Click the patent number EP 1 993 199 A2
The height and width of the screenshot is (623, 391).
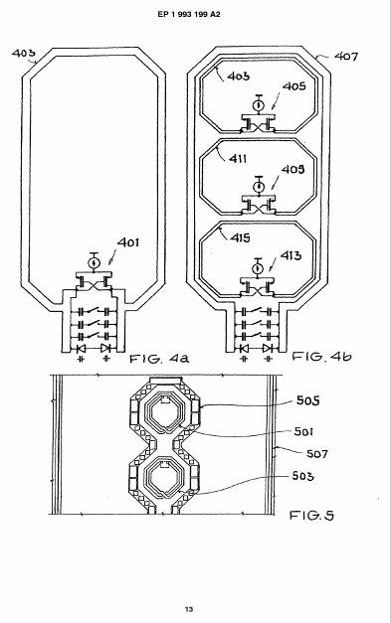[x=189, y=14]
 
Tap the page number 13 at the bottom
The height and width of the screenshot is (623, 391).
[x=189, y=609]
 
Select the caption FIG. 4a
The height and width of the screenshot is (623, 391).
[x=159, y=359]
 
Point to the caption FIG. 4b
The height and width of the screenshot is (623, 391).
[x=322, y=356]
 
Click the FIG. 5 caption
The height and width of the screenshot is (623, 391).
[x=311, y=516]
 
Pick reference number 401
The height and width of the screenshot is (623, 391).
[x=128, y=242]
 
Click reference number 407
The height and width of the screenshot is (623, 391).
[x=346, y=57]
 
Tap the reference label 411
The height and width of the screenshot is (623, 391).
[x=238, y=159]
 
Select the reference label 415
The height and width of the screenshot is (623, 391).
[x=240, y=237]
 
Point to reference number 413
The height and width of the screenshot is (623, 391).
[x=291, y=255]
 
